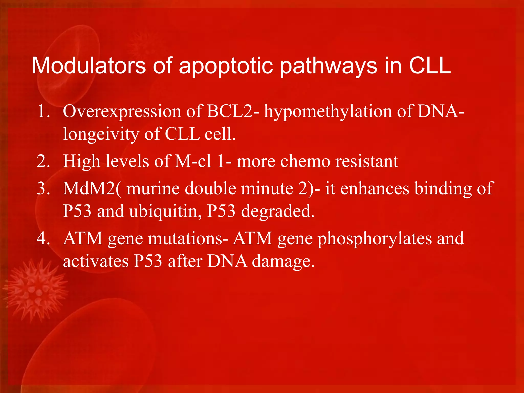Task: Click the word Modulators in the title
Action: (89, 66)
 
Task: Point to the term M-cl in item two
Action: (193, 161)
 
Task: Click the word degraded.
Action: (277, 211)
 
